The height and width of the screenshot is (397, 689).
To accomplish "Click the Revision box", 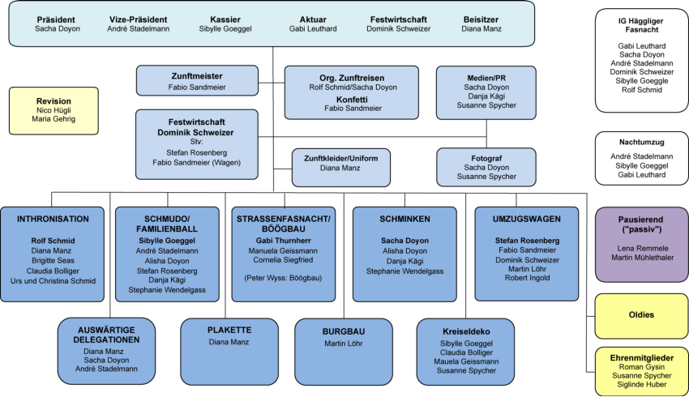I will [x=53, y=110].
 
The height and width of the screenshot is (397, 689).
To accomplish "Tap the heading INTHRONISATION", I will [x=53, y=219].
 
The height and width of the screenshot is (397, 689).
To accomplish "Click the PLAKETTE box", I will [x=229, y=351].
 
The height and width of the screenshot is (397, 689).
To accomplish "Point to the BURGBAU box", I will [x=344, y=351].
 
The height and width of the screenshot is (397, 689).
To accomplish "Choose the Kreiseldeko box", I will [x=466, y=351].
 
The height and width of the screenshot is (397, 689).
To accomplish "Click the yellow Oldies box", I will [x=641, y=315].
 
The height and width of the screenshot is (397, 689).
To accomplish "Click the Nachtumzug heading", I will [x=641, y=141].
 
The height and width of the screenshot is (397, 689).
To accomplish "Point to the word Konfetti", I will [x=352, y=99].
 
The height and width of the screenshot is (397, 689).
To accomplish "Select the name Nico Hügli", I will [x=53, y=110].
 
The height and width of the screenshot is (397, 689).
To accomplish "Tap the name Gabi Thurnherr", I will [x=283, y=241].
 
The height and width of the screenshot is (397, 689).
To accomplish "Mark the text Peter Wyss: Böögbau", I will [x=283, y=277].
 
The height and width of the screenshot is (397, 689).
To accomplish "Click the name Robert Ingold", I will [x=527, y=277].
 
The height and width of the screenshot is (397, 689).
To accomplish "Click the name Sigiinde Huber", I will [x=641, y=386].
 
